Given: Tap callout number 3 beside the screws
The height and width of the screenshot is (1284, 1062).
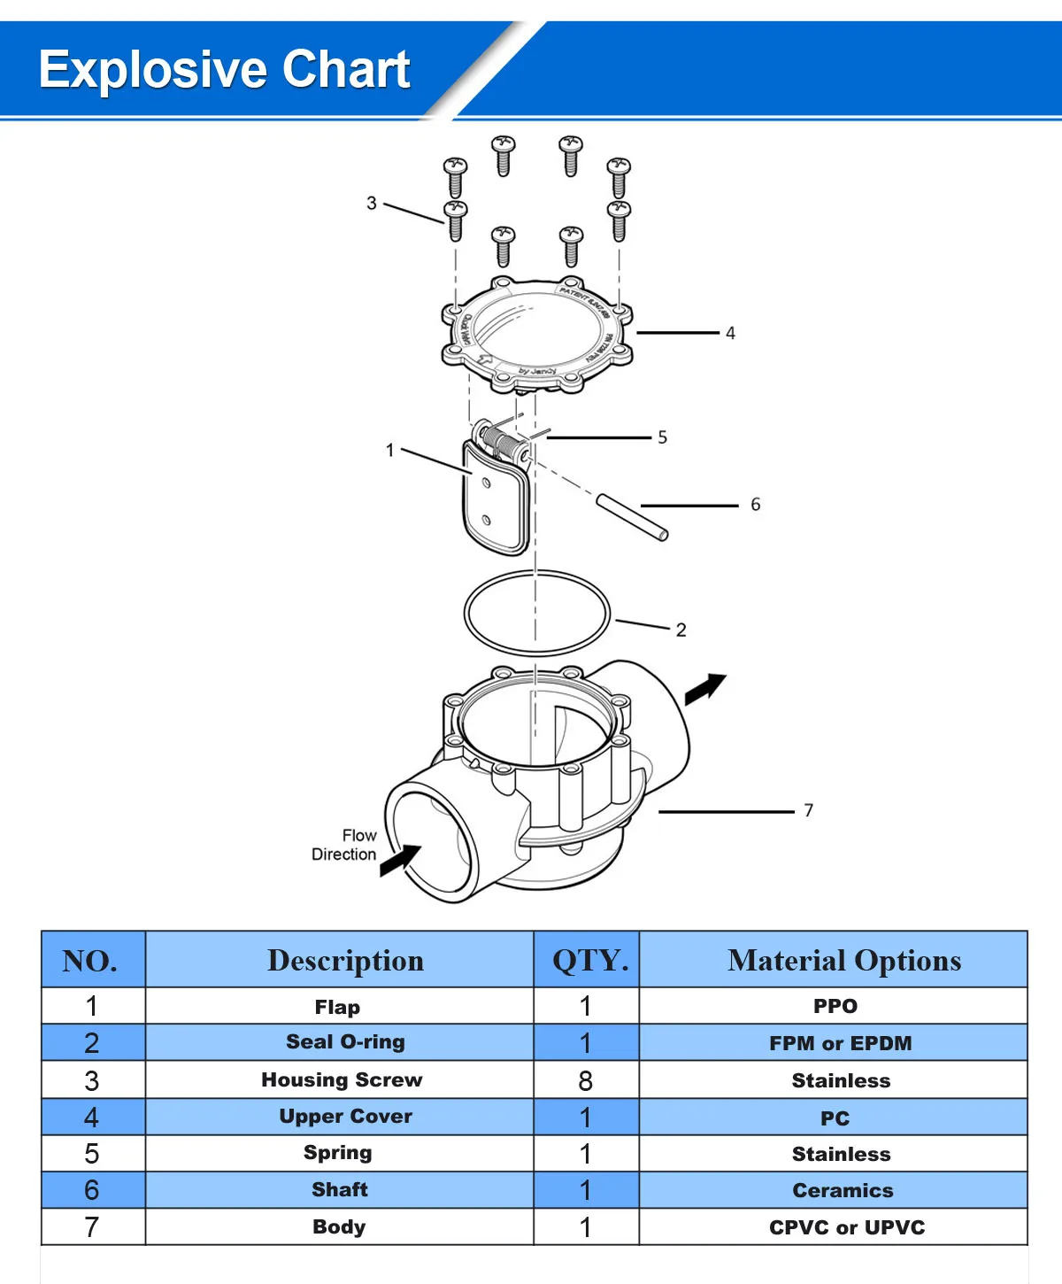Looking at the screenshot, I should pos(372,204).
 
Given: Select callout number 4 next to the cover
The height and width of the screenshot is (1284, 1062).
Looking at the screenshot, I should pos(730,333).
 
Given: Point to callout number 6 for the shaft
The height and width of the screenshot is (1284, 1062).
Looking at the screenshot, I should pos(755,505).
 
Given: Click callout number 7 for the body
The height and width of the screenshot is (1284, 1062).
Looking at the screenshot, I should pos(808,810).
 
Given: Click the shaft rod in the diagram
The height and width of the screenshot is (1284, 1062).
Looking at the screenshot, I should pos(632,517).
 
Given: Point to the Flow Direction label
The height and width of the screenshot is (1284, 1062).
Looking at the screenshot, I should pos(345,845).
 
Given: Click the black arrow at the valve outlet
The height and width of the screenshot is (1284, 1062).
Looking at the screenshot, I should pos(705,688).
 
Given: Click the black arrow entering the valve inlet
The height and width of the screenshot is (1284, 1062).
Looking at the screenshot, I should pos(401,860).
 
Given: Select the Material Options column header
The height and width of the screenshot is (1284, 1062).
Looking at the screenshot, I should pos(843,961).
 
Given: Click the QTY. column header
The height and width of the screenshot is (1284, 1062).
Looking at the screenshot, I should pos(589,961).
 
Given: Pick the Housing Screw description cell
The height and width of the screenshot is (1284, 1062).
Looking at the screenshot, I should pos(342,1080).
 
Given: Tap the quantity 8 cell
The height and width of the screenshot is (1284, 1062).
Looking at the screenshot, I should pos(585,1080).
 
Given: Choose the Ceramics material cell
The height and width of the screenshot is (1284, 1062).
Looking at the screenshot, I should pos(843,1191).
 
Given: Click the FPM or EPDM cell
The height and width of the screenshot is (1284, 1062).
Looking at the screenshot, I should pos(840,1043).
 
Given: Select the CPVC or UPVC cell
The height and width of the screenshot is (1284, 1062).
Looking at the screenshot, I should pos(846,1227).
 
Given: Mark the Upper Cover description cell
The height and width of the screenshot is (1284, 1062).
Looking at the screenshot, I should pos(345,1117).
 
